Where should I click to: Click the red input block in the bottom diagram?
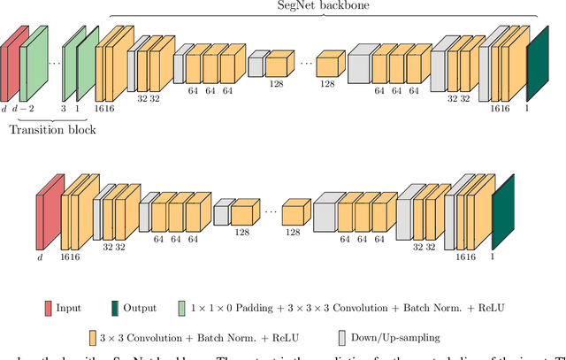click(x=49, y=212)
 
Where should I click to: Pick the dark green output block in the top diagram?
click(x=537, y=67)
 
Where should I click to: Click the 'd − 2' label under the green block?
click(x=28, y=108)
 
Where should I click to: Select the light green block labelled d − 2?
click(x=35, y=62)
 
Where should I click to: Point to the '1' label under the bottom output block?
click(x=493, y=257)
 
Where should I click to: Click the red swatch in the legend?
click(x=48, y=308)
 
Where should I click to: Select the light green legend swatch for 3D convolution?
click(x=181, y=308)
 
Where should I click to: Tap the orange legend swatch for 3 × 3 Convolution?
click(x=92, y=337)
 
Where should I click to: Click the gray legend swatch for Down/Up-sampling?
click(x=342, y=337)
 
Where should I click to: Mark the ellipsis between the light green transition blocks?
click(x=54, y=62)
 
